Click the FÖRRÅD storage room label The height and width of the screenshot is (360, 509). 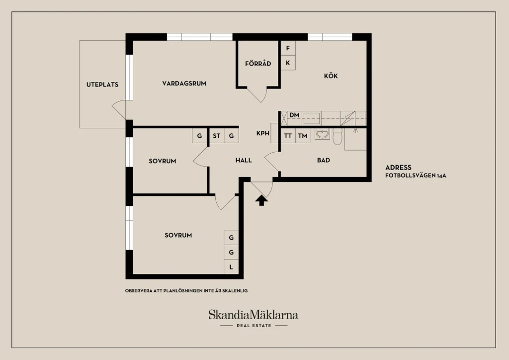pos(258,63)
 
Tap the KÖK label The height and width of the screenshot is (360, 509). pos(331,76)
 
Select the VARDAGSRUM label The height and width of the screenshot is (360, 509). pos(184,84)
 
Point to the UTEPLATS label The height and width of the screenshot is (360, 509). pos(102,85)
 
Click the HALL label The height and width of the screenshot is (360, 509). pos(244,160)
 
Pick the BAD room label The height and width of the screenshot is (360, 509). pos(323,160)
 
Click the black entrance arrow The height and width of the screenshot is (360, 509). pos(261,200)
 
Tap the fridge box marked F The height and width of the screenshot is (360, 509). pos(288,48)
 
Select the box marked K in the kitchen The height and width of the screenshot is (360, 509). pos(288,63)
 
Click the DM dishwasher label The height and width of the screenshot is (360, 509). pos(294,115)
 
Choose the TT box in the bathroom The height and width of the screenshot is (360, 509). pos(288,136)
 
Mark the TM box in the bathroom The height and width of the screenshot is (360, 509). pos(303,136)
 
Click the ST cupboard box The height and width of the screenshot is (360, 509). pos(217,136)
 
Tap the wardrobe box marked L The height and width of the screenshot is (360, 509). pos(231,267)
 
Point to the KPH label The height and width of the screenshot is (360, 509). pos(262,133)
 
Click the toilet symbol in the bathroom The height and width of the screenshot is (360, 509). pos(338,137)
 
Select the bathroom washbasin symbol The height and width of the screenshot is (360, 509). pos(322,134)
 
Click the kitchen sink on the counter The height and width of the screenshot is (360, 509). pos(312,118)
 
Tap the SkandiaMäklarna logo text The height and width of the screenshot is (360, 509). pos(253,315)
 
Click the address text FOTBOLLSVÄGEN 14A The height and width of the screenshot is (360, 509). pos(416,176)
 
